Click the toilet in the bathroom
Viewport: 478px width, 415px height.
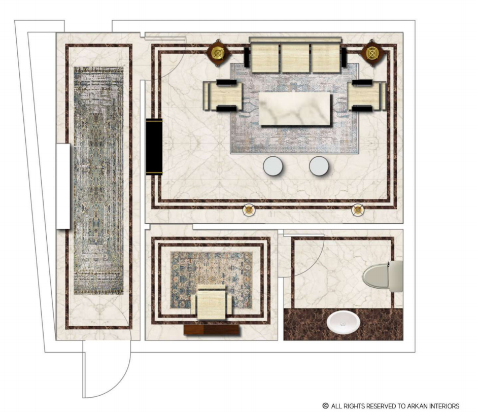point(383,276)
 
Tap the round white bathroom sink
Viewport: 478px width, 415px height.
point(343,322)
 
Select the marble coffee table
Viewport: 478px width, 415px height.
point(295,109)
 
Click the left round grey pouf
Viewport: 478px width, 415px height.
point(273,166)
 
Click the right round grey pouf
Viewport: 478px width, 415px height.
point(319,166)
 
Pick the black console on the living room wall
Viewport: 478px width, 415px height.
point(154,147)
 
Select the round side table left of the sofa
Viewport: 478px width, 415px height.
point(218,53)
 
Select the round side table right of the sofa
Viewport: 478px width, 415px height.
point(372,53)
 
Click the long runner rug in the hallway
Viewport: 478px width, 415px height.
point(98,181)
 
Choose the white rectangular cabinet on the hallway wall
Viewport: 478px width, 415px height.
point(63,186)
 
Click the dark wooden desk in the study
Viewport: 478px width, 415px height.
point(212,330)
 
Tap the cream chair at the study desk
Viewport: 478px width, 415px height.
point(211,302)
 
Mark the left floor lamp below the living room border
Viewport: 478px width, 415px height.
point(249,210)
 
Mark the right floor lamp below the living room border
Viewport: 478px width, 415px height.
point(358,210)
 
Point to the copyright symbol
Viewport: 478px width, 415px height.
point(326,406)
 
